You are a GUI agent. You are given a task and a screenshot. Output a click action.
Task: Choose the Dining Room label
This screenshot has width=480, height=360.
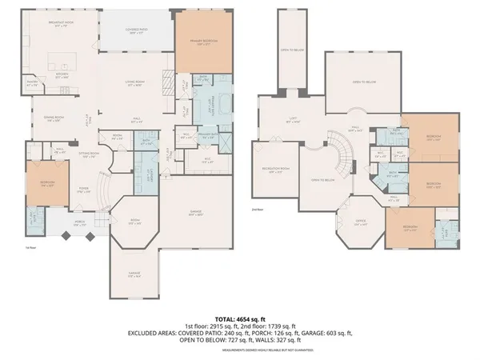(54, 118)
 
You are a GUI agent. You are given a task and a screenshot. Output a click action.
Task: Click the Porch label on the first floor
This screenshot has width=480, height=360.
(81, 224)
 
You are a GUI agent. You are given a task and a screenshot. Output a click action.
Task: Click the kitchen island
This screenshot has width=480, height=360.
(57, 58)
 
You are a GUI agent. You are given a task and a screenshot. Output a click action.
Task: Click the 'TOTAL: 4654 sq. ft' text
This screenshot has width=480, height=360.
(241, 318)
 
